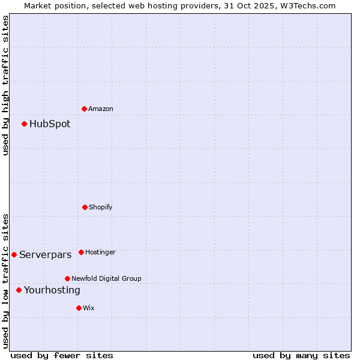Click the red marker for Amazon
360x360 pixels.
pyautogui.click(x=85, y=109)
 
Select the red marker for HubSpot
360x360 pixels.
pyautogui.click(x=25, y=124)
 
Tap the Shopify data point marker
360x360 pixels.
pyautogui.click(x=85, y=207)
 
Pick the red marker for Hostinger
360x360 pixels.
pyautogui.click(x=82, y=252)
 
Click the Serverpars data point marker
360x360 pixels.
pyautogui.click(x=14, y=254)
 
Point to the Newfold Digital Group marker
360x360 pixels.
pyautogui.click(x=68, y=278)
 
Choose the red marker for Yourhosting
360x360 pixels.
pyautogui.click(x=19, y=290)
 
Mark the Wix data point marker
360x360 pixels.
pyautogui.click(x=79, y=308)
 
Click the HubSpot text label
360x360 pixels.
pyautogui.click(x=50, y=124)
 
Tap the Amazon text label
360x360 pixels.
pyautogui.click(x=101, y=109)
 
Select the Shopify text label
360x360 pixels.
pyautogui.click(x=101, y=208)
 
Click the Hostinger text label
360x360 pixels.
pyautogui.click(x=100, y=253)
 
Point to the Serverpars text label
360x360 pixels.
pyautogui.click(x=46, y=255)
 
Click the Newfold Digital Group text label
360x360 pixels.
pyautogui.click(x=106, y=279)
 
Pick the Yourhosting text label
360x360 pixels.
pyautogui.click(x=52, y=290)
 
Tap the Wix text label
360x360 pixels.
pyautogui.click(x=89, y=308)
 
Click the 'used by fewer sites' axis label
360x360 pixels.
pyautogui.click(x=62, y=356)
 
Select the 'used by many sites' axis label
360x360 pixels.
pyautogui.click(x=301, y=356)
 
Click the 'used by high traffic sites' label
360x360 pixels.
pyautogui.click(x=6, y=85)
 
